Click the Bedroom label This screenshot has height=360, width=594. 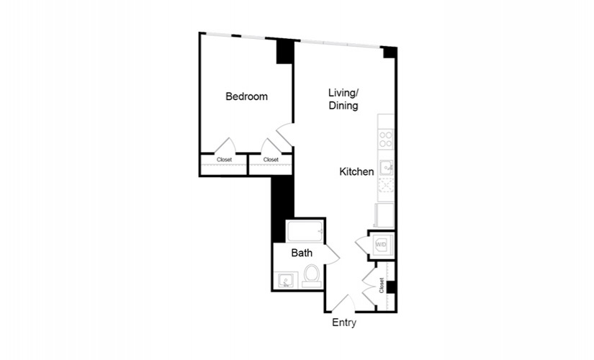coord(247,96)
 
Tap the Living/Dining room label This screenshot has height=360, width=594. coord(343,99)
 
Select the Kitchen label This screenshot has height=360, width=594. coord(356,171)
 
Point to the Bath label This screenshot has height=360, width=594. coord(302,253)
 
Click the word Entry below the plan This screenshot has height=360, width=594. coord(344,323)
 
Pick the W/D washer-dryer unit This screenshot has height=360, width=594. coord(382,244)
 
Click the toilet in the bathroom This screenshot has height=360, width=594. coord(312,276)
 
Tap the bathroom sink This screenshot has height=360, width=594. coord(286,281)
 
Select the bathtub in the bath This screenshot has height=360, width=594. coord(305,232)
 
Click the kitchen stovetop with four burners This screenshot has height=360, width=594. coord(386,139)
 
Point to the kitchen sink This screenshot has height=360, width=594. coord(387,168)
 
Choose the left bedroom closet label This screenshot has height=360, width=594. coord(224,160)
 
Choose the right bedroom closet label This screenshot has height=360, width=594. coord(271,160)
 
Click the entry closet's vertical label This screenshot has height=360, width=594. coord(382,285)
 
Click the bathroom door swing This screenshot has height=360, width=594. coord(332,255)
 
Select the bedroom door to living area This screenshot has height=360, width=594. coord(285,135)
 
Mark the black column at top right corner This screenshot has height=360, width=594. coord(390,52)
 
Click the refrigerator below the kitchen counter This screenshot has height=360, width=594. coord(384,215)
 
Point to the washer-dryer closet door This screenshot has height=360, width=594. coord(361,246)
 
